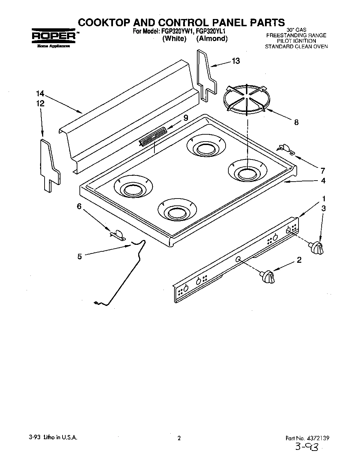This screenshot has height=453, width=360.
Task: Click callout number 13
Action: (x=236, y=61)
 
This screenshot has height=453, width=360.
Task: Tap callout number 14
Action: (x=40, y=94)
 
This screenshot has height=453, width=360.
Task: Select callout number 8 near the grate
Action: (x=296, y=122)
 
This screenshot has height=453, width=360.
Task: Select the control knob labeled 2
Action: (x=268, y=277)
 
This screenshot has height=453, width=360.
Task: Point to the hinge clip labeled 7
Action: (x=285, y=148)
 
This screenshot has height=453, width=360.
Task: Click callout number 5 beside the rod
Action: (x=79, y=257)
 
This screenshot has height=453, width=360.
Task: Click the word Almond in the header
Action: (x=212, y=39)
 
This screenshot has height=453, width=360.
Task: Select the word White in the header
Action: (x=174, y=39)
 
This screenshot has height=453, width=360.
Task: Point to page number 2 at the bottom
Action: (x=179, y=438)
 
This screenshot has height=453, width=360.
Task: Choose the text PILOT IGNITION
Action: (x=296, y=41)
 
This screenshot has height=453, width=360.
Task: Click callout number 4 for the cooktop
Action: (x=323, y=181)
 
